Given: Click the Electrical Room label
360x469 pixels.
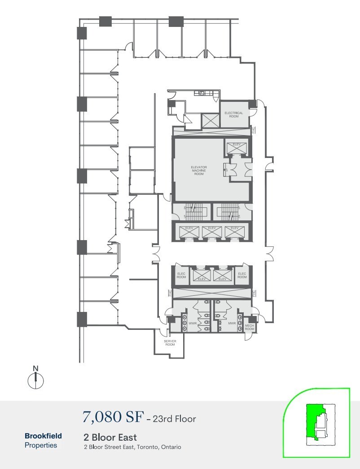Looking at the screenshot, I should (233, 114).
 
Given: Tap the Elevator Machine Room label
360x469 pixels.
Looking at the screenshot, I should (199, 171).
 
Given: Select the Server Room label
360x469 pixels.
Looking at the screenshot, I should (170, 343).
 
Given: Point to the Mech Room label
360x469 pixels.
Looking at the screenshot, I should (249, 328).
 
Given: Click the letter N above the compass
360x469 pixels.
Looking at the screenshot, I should (36, 369).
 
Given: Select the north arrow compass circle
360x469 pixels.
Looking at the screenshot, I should (36, 381).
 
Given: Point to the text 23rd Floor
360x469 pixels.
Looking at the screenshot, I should (175, 419).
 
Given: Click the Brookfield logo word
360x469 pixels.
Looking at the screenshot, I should (43, 436).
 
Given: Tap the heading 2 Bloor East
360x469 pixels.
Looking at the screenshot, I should (110, 437).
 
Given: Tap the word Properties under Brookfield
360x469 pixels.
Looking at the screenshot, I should (41, 445).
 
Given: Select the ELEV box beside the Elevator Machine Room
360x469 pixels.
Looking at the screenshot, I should (237, 146).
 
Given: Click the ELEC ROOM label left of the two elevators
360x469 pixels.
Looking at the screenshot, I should (181, 275).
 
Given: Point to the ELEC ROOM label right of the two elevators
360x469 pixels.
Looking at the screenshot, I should (242, 275).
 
